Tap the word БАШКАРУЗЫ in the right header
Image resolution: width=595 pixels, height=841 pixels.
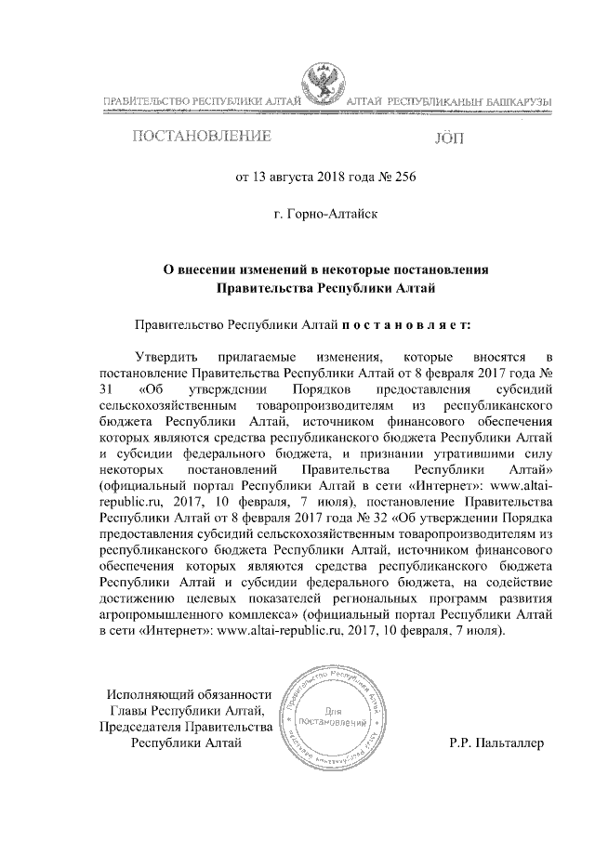tap(514, 99)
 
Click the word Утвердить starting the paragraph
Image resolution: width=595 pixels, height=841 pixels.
tap(166, 357)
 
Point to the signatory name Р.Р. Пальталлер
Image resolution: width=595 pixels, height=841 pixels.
tap(498, 743)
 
